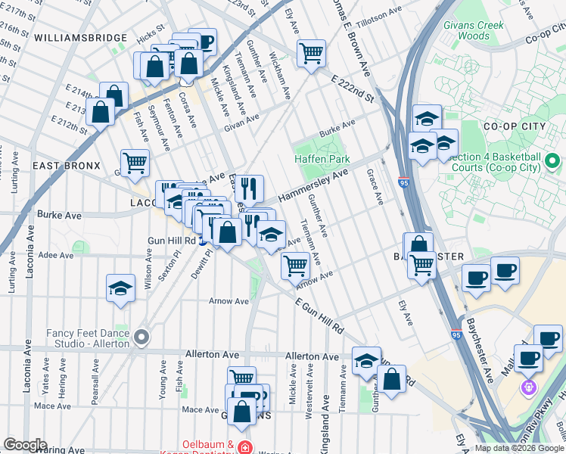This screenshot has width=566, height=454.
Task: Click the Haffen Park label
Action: pos(322,160)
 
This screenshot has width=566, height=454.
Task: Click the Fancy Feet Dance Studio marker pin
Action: pos(141,337)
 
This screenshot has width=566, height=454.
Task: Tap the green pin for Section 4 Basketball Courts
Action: pos(552,161)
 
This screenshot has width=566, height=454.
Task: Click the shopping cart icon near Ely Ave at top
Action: pos(311,54)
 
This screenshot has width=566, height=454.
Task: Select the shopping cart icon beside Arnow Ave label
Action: pos(294,266)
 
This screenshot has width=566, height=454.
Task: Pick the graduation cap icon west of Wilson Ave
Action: pos(120,288)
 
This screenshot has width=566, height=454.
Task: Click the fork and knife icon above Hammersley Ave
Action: pos(249,188)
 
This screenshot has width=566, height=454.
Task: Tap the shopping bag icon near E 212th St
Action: pos(101,113)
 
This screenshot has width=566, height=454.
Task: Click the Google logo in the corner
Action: pos(25,445)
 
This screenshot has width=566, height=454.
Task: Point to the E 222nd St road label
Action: pos(353,89)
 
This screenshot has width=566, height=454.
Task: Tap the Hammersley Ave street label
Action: pos(313,186)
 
